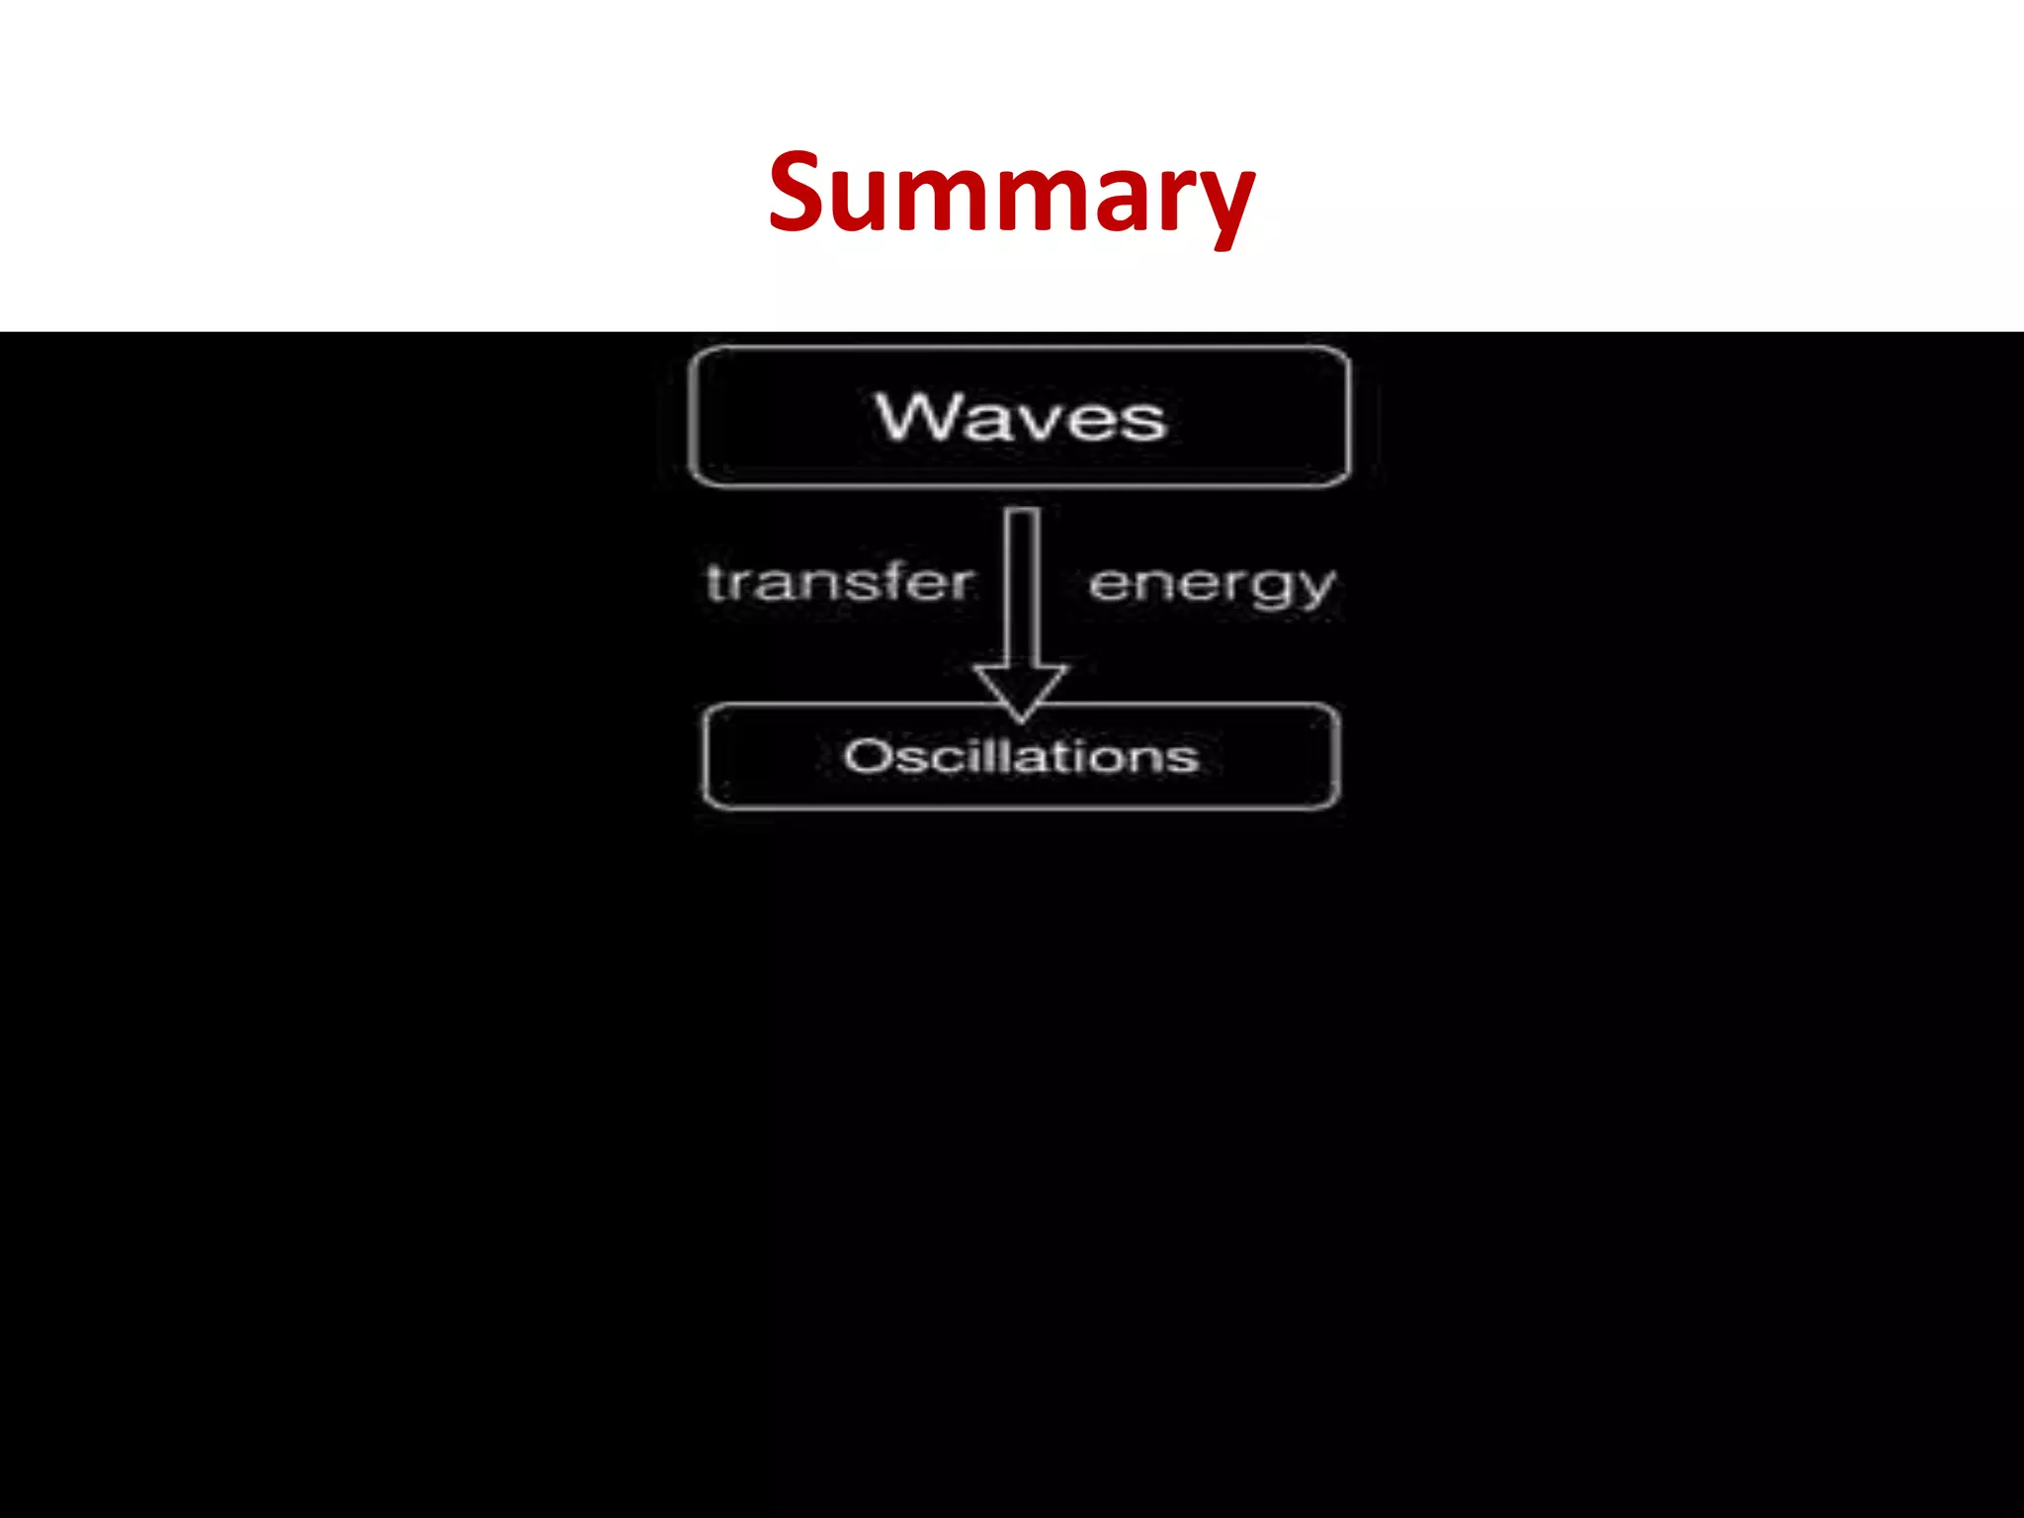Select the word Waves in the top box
pos(1020,417)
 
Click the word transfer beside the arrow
pos(840,582)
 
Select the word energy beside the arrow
pos(1212,585)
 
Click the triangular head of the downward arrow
pos(1021,688)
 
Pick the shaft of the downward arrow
pos(1023,583)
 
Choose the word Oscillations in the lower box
pos(1020,757)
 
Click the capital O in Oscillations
pos(867,757)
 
